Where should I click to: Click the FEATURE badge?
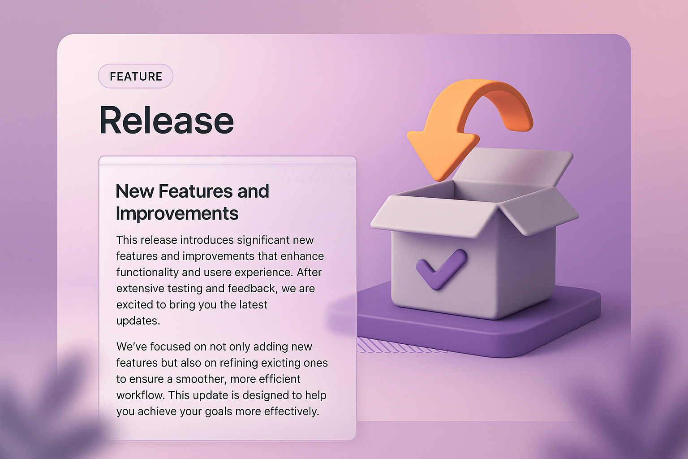[136, 76]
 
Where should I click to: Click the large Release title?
[166, 120]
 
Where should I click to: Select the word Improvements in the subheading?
[177, 213]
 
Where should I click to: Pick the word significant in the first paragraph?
[263, 240]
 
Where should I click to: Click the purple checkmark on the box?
[441, 269]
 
